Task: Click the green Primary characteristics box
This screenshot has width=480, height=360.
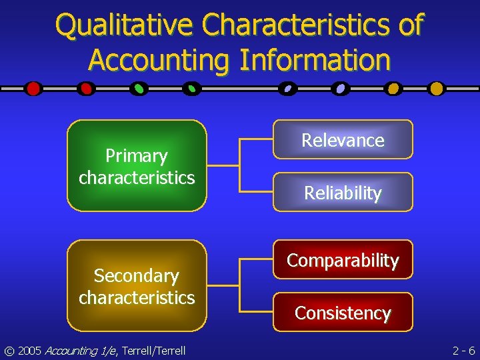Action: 137,166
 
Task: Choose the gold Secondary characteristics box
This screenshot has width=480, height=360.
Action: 137,286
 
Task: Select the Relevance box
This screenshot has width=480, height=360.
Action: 343,140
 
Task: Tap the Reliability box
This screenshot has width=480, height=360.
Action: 343,193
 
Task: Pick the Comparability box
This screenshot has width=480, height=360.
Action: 343,260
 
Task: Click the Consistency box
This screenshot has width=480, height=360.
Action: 343,313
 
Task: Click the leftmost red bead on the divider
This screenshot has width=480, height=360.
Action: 33,89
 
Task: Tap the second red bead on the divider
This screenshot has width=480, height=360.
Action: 85,89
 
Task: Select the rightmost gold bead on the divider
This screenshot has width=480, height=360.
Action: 436,89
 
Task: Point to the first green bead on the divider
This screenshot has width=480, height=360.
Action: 139,89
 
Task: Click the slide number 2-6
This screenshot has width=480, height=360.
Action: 463,350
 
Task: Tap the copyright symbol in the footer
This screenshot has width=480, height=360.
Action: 10,350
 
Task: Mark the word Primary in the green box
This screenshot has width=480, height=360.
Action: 137,156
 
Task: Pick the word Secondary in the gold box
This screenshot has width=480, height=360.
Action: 137,276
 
